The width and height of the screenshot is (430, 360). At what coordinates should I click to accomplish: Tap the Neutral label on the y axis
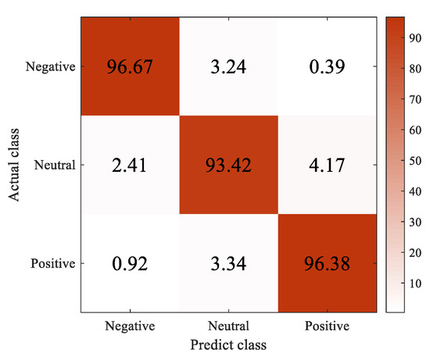57,166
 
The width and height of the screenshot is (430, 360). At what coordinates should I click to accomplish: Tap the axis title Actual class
15,165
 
